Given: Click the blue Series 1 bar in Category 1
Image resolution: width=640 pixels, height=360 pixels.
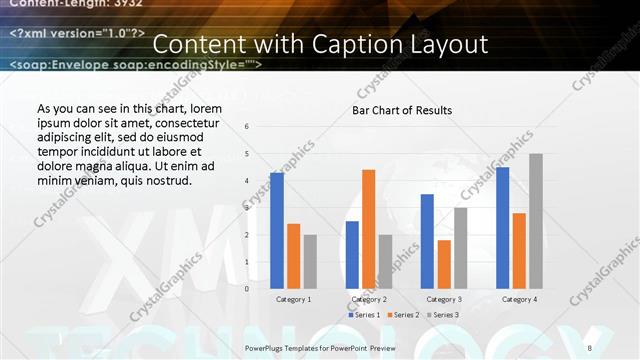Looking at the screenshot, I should [276, 231].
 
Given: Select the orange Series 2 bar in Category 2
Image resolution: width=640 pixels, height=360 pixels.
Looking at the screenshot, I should [368, 229].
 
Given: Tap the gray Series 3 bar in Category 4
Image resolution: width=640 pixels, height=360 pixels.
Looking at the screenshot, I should [536, 221].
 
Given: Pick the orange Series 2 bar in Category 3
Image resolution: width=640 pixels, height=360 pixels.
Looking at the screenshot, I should [444, 264].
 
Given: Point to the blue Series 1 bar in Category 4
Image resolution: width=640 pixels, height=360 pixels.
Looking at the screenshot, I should [502, 228].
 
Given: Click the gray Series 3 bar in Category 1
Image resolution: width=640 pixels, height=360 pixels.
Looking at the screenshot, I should [310, 262].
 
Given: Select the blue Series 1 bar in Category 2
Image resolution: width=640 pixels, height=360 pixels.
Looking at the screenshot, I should [352, 255].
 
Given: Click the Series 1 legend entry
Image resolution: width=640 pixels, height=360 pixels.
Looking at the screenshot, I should [363, 315].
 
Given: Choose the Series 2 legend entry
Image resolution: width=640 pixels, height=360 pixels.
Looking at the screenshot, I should [404, 315].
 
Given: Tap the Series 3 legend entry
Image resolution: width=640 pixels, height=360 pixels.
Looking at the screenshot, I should [445, 315].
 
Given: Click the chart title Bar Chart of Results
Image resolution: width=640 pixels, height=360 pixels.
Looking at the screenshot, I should [402, 110].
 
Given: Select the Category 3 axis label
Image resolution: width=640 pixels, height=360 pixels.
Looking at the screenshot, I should [444, 299].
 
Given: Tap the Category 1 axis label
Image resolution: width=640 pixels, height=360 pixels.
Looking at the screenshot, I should [293, 299].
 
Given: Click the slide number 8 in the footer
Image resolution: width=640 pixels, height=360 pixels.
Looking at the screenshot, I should [589, 347].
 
